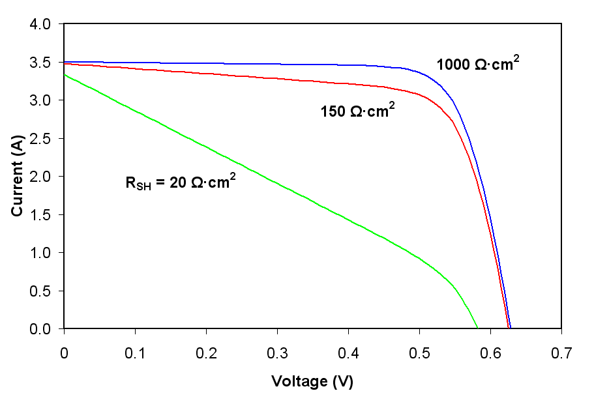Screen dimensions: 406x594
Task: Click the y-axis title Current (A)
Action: tap(18, 177)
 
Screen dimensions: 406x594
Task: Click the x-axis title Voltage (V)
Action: tap(312, 381)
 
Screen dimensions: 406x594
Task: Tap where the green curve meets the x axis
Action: tap(477, 328)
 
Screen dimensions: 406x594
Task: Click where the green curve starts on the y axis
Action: tap(64, 75)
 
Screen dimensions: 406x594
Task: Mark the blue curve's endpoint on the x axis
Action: tap(511, 328)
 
